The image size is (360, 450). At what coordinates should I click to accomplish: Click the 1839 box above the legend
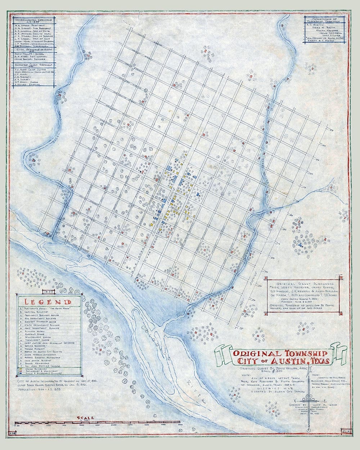tap(48, 291)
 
